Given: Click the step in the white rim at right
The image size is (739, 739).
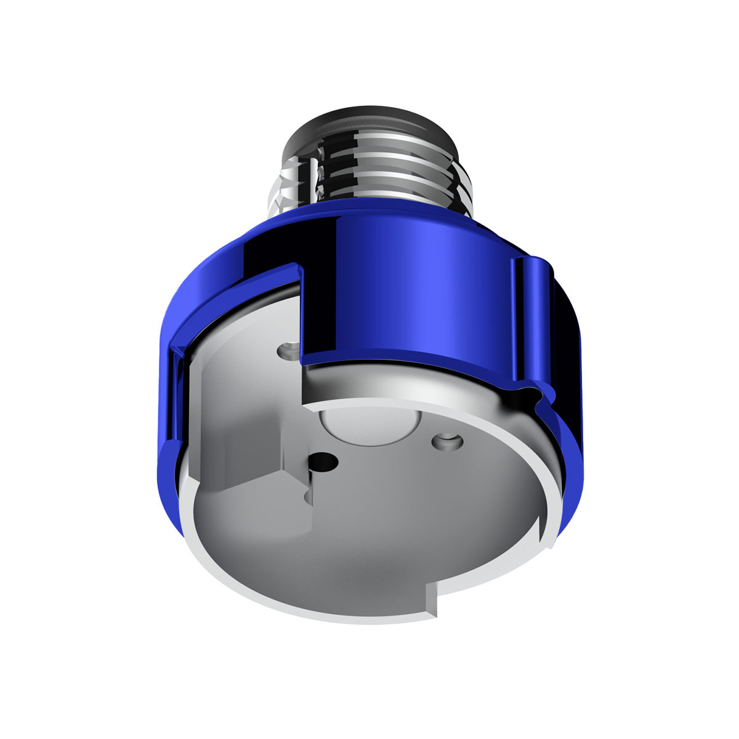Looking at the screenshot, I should click(x=542, y=530).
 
